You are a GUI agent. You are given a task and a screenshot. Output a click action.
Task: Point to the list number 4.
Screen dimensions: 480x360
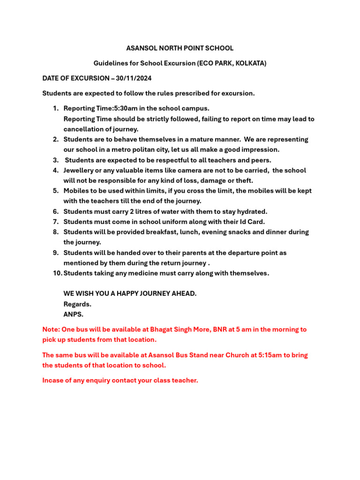pos(55,171)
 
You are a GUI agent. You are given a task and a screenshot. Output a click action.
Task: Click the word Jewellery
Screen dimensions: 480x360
pos(80,171)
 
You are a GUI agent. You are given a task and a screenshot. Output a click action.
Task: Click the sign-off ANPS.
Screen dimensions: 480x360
pos(73,315)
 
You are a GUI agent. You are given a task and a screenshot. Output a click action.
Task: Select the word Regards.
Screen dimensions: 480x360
pos(77,304)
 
